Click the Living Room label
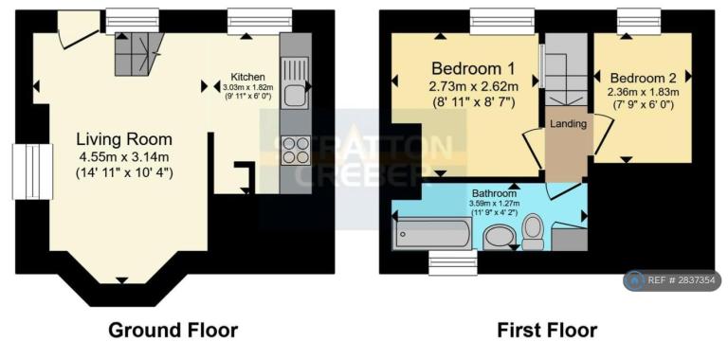tap(124, 139)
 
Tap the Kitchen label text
tap(248, 77)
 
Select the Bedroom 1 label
tap(473, 68)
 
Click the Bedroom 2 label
tap(643, 78)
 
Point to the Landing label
tap(568, 124)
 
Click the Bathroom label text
tap(495, 193)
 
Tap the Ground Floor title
tap(173, 331)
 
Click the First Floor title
tap(547, 331)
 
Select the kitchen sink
tap(295, 82)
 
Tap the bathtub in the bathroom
tap(432, 234)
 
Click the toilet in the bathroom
tap(533, 231)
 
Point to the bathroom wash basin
tap(500, 238)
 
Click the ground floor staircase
tap(137, 54)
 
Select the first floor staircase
tap(566, 69)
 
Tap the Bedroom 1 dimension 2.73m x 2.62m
tap(473, 86)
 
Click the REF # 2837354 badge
tap(672, 280)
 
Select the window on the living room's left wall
tap(32, 171)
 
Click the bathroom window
tap(453, 262)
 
